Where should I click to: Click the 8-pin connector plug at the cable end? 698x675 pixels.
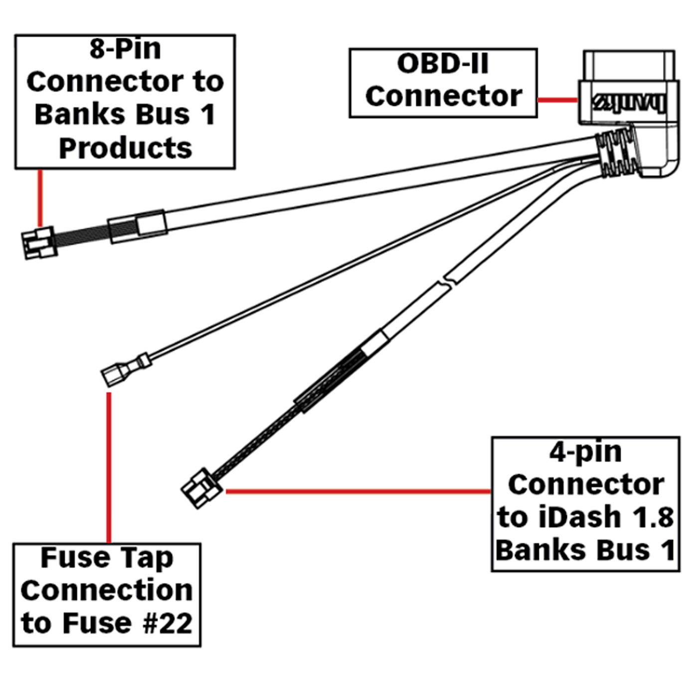tap(39, 243)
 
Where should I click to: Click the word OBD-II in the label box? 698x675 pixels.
tap(442, 64)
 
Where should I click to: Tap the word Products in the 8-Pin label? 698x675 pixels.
tap(125, 148)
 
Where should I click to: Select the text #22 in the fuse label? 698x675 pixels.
tap(167, 624)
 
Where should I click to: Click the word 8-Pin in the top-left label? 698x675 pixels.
tap(125, 49)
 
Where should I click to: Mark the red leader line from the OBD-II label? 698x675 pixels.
tap(557, 100)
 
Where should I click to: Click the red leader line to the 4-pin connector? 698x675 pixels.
tap(356, 492)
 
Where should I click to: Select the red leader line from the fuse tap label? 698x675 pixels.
tap(109, 468)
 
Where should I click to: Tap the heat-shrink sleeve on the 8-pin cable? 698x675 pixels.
tap(137, 227)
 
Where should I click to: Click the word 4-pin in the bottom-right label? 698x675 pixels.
tap(585, 452)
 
